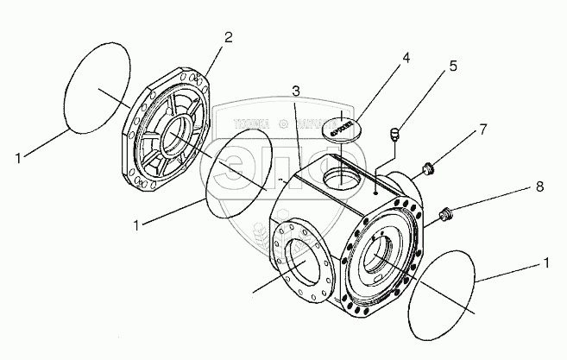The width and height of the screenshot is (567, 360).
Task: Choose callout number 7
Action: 482,130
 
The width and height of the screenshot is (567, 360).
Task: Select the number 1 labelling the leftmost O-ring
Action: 20,156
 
